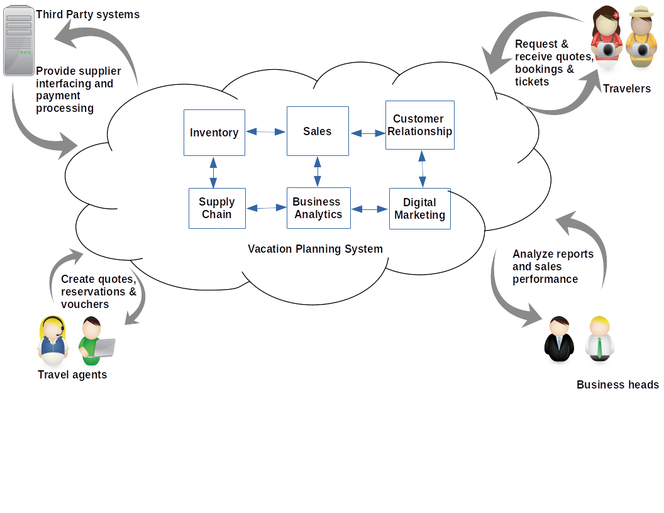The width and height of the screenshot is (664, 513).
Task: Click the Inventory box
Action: pos(214,133)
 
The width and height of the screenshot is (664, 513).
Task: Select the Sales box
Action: pos(318,131)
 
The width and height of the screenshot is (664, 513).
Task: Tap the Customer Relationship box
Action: pos(419,125)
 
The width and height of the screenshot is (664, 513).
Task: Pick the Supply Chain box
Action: pos(217,208)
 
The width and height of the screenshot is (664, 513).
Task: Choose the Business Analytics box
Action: pos(318,208)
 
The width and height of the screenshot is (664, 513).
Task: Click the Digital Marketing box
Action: pos(419,209)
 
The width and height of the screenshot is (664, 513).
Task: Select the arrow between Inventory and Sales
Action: pos(266,132)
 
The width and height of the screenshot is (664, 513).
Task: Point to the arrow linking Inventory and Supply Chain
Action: pos(214,172)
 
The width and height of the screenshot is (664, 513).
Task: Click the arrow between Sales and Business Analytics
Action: pos(318,172)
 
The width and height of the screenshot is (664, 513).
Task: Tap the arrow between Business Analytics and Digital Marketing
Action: pos(370,209)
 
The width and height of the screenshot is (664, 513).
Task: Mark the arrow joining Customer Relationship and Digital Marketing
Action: pos(421,168)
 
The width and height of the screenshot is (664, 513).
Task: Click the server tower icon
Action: pos(19,40)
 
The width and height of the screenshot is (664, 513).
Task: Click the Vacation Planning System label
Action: pos(315,249)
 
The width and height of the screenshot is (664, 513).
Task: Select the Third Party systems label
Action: pos(88,14)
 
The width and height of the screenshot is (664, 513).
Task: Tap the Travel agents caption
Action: pos(72,375)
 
